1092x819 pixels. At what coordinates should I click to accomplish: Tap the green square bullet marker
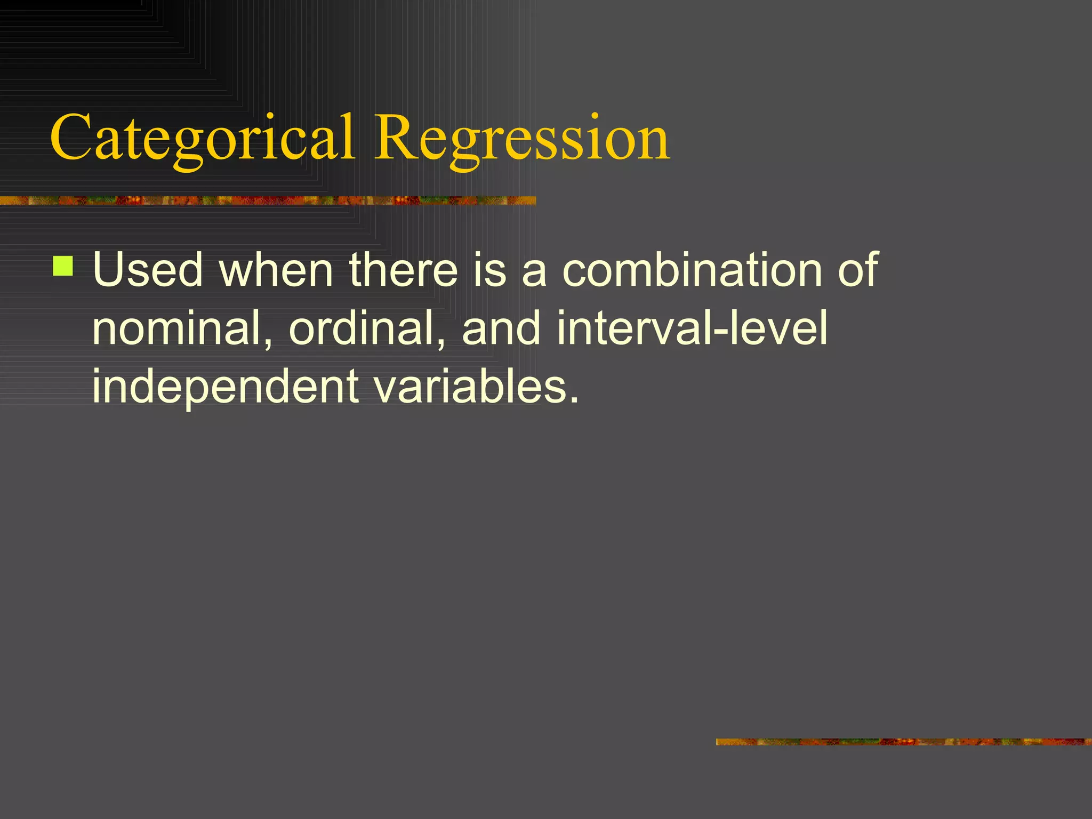63,266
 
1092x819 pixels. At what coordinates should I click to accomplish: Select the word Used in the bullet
148,270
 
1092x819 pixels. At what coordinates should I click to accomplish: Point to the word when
276,270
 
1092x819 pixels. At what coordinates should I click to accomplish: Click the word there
403,270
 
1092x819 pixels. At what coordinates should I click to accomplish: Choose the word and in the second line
501,328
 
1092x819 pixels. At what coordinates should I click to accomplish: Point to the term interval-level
692,328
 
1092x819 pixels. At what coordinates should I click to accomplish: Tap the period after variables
574,399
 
